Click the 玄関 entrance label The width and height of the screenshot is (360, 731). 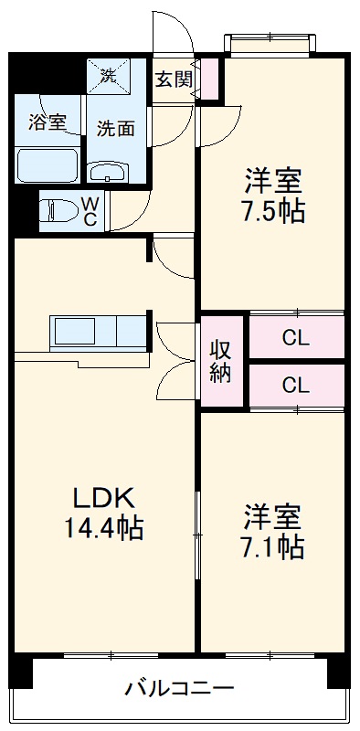(x=173, y=79)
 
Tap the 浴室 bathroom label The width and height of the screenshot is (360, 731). (x=47, y=123)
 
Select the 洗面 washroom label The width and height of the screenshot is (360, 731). (x=116, y=128)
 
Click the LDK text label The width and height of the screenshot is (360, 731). (x=104, y=498)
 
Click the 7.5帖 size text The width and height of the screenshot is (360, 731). (x=273, y=211)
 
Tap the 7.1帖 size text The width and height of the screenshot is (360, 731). (x=273, y=546)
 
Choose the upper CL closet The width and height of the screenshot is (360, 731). (x=295, y=338)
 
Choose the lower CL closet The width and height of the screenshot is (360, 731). (x=295, y=386)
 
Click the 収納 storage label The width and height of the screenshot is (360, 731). (x=221, y=361)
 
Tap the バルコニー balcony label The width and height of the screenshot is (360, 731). (x=180, y=687)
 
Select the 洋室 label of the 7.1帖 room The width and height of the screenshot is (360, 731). (x=273, y=516)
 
